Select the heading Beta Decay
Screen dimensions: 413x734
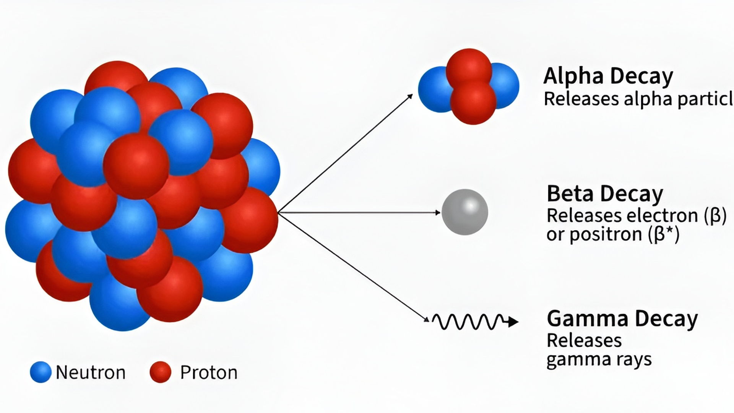pos(605,193)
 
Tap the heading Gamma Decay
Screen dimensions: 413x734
pos(622,319)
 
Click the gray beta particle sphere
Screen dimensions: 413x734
pos(464,212)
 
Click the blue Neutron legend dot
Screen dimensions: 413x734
pos(41,372)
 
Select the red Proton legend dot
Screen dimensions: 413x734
pos(160,372)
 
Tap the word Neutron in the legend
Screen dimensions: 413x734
pos(91,372)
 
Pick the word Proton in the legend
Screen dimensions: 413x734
pos(209,372)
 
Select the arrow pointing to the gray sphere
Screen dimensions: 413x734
pos(359,212)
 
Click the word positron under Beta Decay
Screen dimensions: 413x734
pos(606,234)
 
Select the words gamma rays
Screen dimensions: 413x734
pos(599,359)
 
